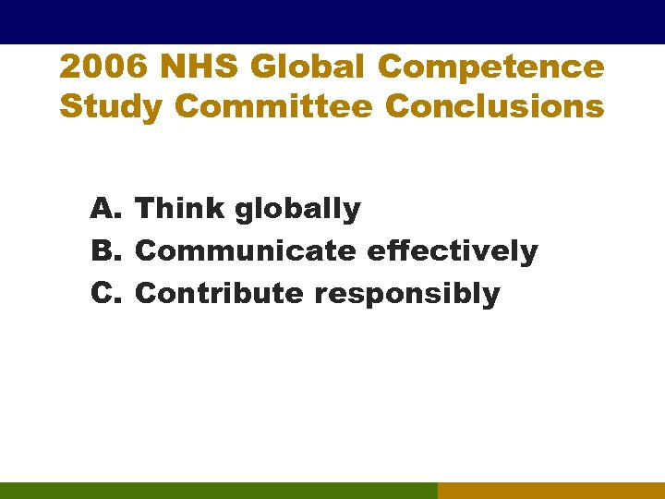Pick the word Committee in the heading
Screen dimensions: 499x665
[273, 107]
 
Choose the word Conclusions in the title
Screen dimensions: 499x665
[495, 107]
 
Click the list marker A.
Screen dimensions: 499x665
[107, 209]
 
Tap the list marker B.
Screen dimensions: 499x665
[107, 251]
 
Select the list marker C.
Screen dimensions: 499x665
[107, 294]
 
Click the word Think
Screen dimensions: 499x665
[180, 209]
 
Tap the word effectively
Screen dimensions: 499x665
[452, 251]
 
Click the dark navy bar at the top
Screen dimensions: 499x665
[332, 21]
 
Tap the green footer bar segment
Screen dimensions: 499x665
[218, 491]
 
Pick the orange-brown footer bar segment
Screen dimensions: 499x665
[551, 491]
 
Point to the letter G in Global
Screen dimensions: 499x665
[262, 67]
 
